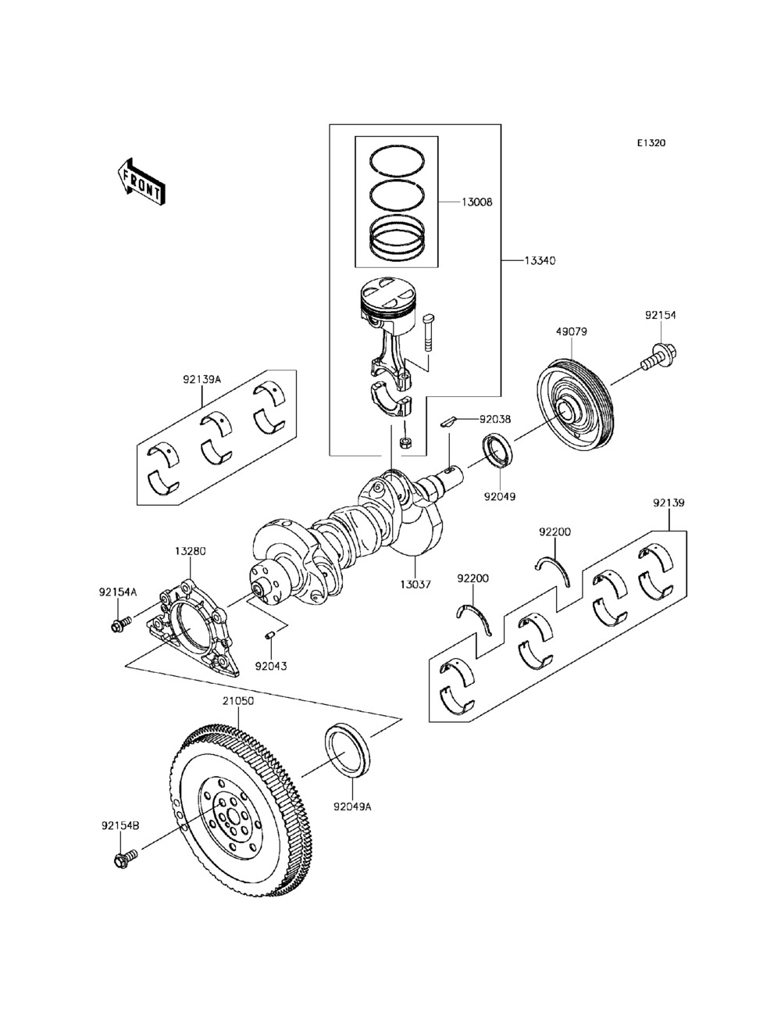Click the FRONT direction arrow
[x=141, y=182]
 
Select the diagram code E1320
[x=651, y=143]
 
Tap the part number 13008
[x=477, y=202]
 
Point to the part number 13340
[x=540, y=261]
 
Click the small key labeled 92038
[x=447, y=422]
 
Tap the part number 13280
[x=191, y=551]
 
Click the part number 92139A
[x=201, y=379]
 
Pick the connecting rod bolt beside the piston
[x=429, y=333]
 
